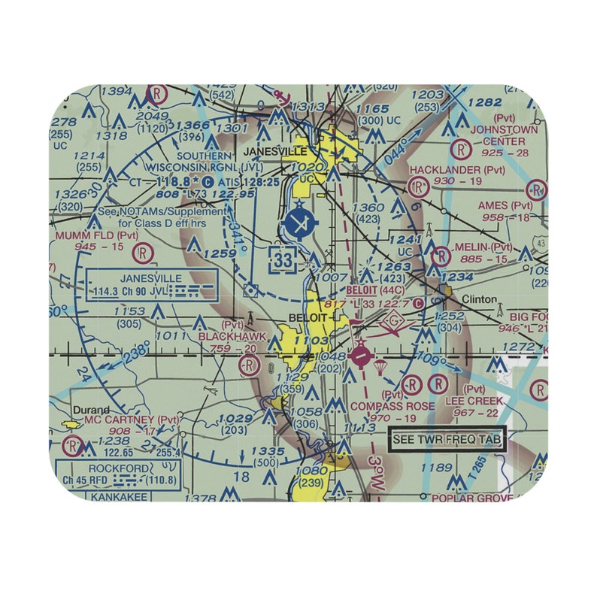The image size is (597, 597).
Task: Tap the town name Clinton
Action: click(x=479, y=299)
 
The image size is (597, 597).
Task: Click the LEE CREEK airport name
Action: click(x=473, y=402)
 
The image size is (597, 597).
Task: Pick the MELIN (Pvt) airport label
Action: click(x=483, y=247)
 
